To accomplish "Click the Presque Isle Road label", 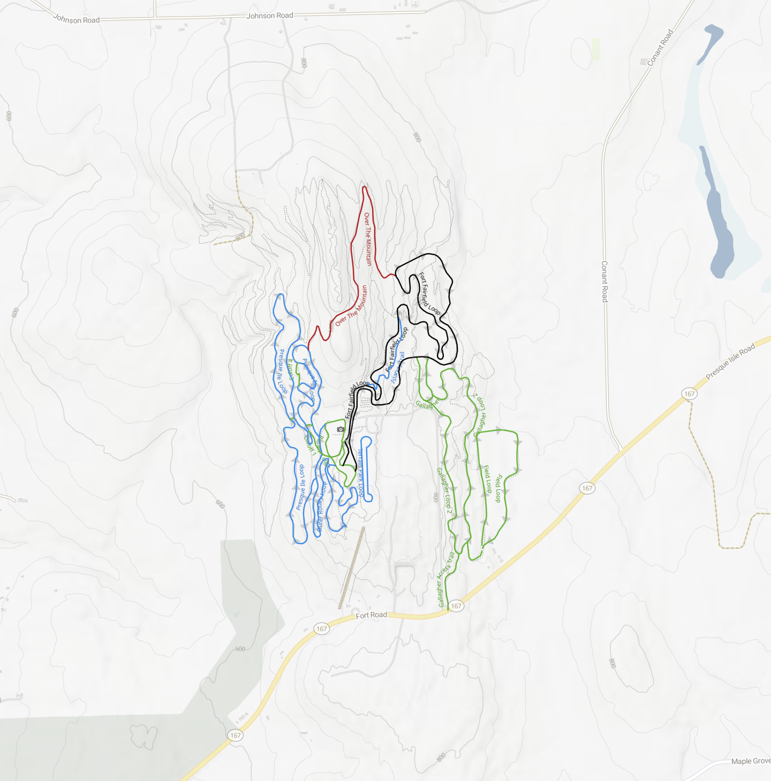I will [x=730, y=361].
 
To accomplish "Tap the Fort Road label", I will [x=371, y=615].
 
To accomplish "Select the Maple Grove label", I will [x=751, y=761].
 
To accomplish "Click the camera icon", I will [x=341, y=429].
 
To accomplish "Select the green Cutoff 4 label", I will [x=292, y=369].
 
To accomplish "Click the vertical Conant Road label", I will [x=604, y=282].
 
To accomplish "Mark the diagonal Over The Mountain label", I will [x=352, y=306].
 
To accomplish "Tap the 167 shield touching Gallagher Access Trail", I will [x=456, y=606].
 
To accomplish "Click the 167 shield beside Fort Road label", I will [x=321, y=629].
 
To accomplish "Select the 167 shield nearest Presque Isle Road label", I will [x=689, y=394].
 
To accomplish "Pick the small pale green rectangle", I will [x=596, y=49].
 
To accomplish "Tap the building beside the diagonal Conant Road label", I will [x=643, y=62].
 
